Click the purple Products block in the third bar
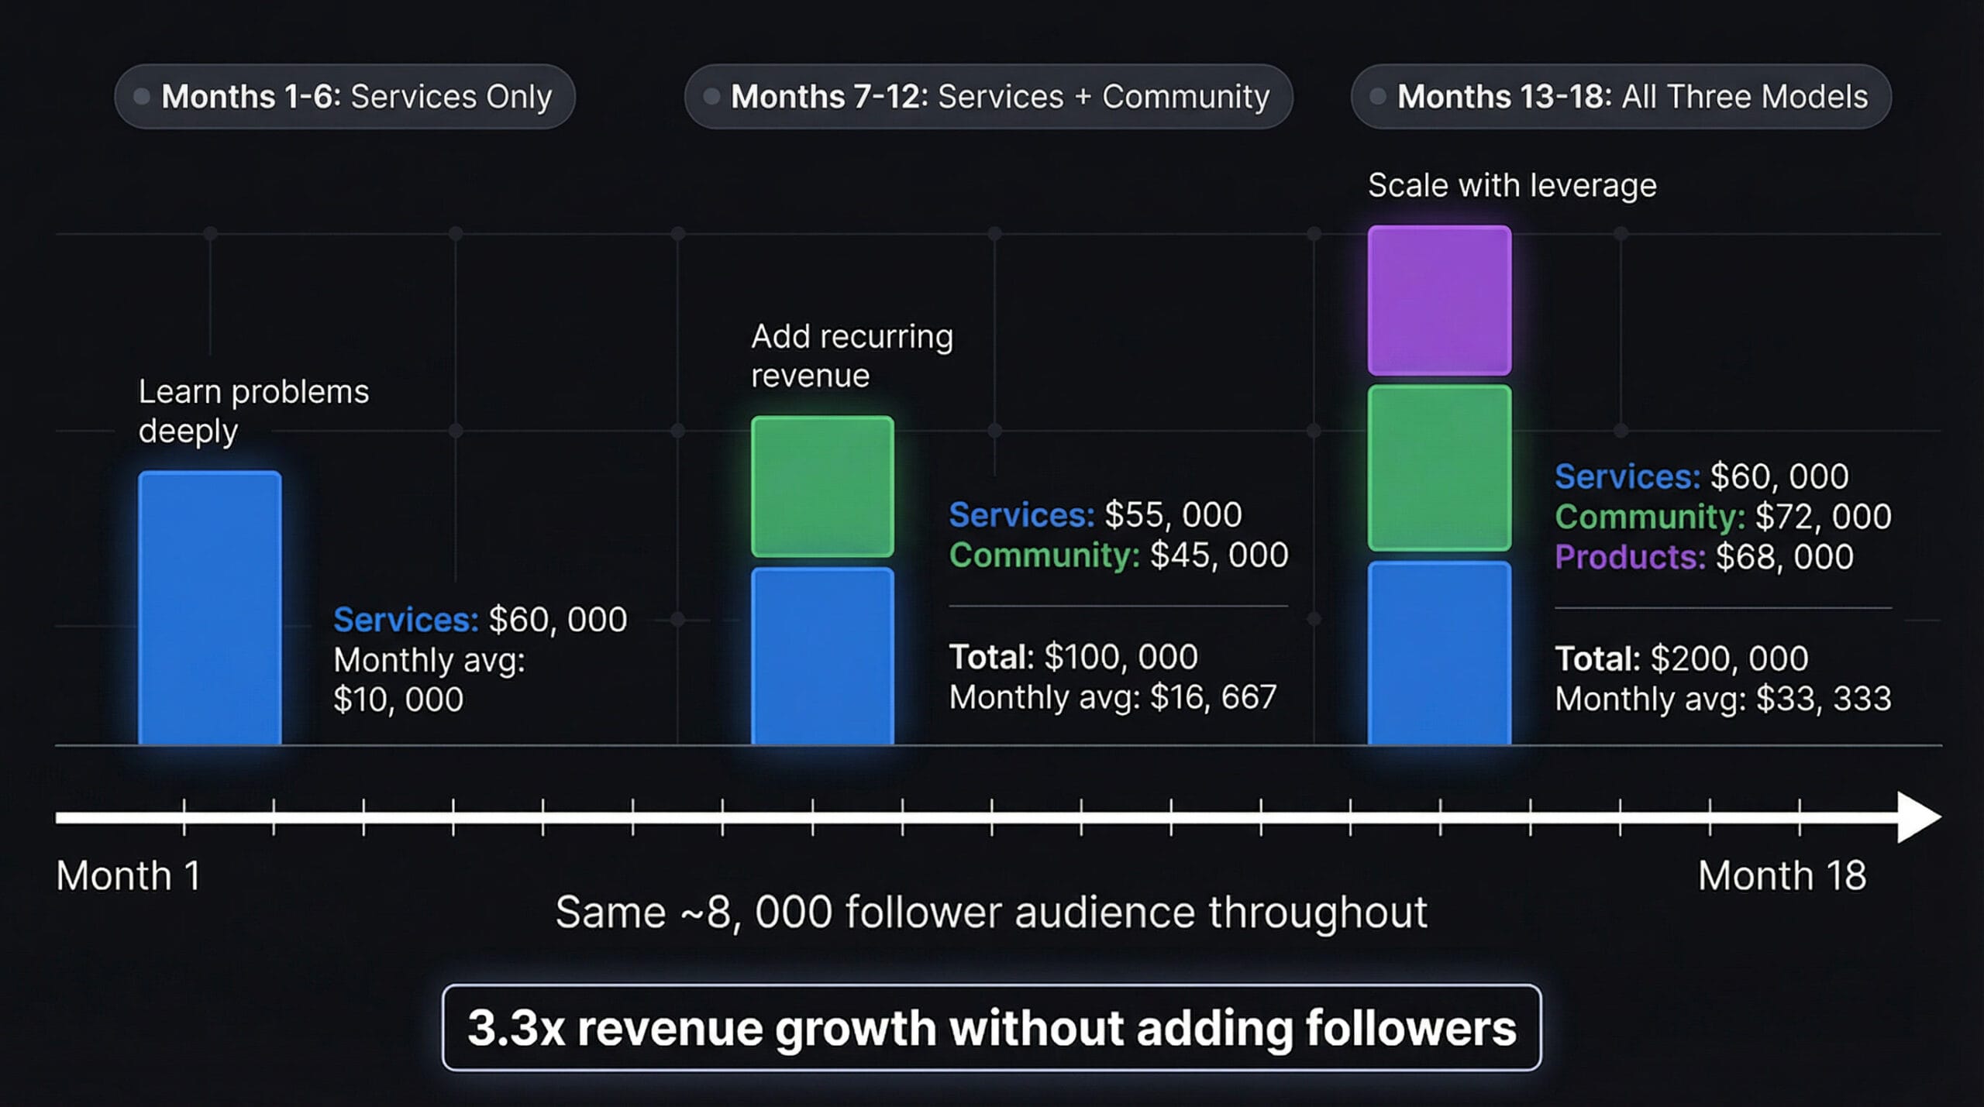(x=1439, y=301)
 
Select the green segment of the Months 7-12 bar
(x=822, y=486)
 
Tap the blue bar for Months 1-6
(x=209, y=608)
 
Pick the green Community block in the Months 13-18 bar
(x=1439, y=468)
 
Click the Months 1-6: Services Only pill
(x=345, y=97)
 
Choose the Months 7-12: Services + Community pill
(x=988, y=97)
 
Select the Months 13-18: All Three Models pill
(x=1621, y=97)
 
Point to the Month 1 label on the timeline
(x=129, y=876)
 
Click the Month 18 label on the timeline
(x=1782, y=876)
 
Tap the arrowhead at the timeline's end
(x=1918, y=817)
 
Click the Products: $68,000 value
(x=1704, y=557)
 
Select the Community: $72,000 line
(x=1723, y=517)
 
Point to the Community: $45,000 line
(x=1118, y=555)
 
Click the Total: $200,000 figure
(x=1681, y=658)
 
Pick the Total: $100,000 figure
(x=1073, y=657)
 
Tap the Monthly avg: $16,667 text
(x=1112, y=697)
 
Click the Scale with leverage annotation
(x=1512, y=186)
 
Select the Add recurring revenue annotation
(x=852, y=356)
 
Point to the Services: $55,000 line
(x=1095, y=514)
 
